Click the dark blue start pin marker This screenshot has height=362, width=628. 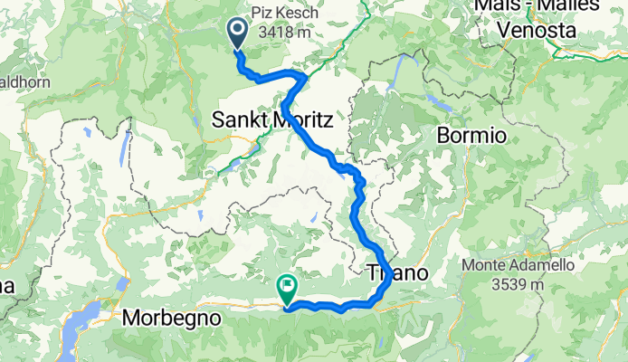(x=238, y=33)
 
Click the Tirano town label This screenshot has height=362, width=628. (x=396, y=272)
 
